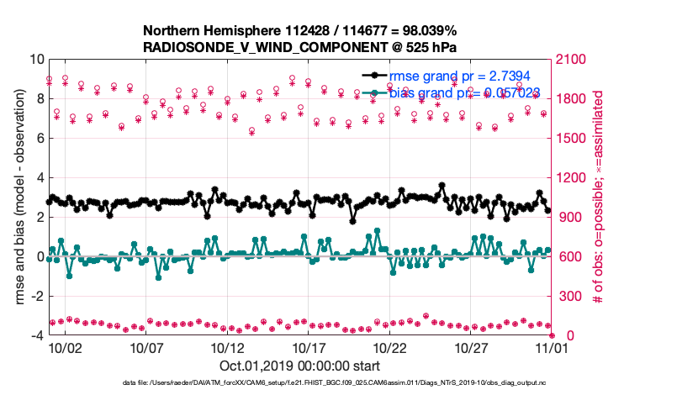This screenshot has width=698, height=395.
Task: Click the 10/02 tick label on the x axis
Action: point(65,347)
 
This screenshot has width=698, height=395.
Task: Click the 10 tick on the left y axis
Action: point(36,60)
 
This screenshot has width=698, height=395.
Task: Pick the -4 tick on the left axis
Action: point(36,335)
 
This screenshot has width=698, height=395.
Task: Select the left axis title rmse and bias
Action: point(19,197)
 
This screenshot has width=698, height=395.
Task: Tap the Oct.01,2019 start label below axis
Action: point(299,366)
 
